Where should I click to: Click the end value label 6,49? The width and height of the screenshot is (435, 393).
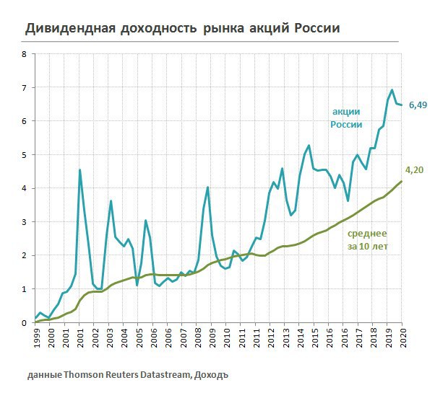coord(418,106)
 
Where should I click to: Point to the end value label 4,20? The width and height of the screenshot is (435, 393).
coord(414,170)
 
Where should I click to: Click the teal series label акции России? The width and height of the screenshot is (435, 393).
coord(346,118)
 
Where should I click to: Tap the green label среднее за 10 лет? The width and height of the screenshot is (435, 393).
coord(367,239)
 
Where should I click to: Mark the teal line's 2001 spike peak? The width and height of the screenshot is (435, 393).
coord(79,170)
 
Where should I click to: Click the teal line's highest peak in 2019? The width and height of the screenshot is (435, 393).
coord(392,90)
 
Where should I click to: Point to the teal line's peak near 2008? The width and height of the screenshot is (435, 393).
coord(207,187)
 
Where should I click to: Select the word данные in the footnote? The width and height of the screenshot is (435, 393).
coord(46,375)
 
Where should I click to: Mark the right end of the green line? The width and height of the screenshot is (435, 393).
coord(402,181)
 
